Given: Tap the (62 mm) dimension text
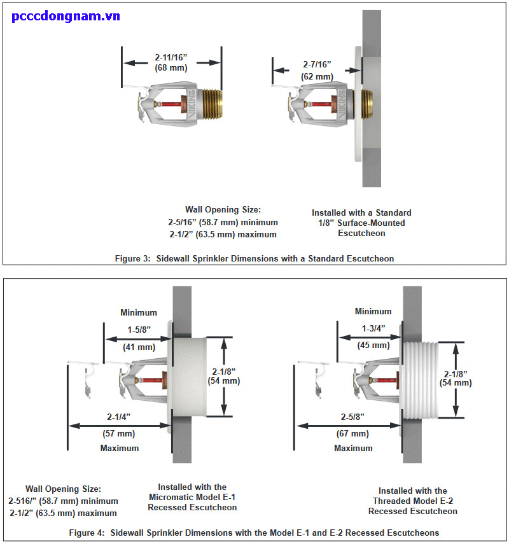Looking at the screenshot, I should coord(316,76).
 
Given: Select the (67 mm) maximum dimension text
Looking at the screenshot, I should coord(352,433).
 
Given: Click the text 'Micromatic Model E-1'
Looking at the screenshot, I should coord(192,497).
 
